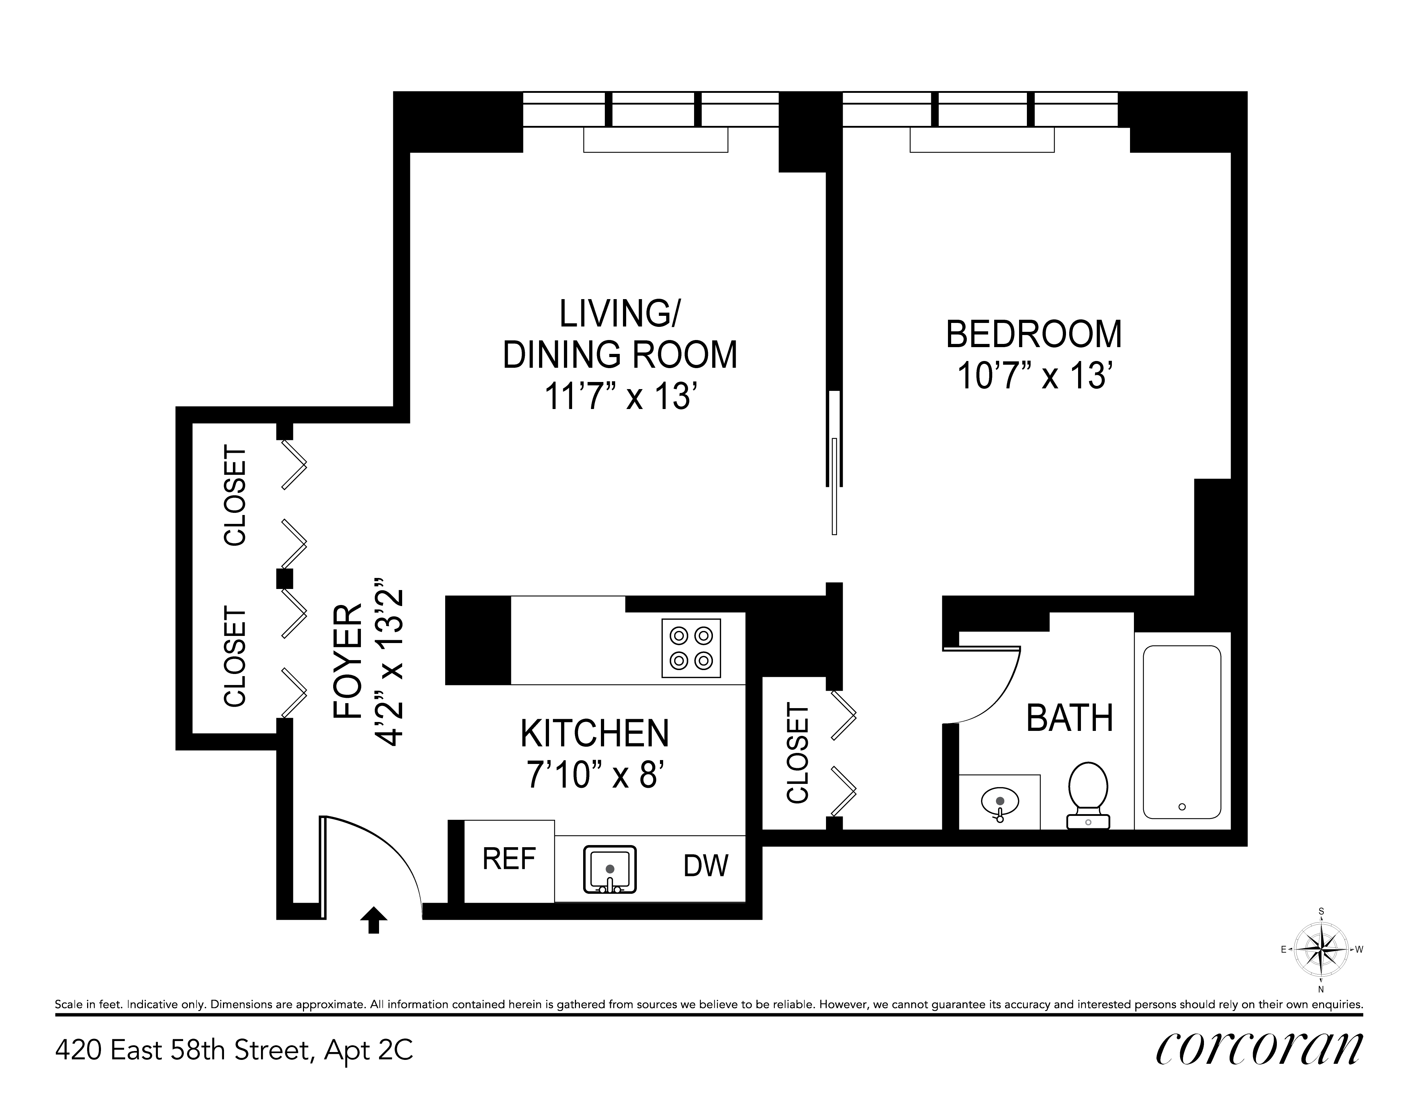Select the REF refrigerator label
tap(509, 859)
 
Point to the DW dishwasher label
tap(706, 866)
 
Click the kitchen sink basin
tap(610, 869)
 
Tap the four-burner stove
tap(691, 648)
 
